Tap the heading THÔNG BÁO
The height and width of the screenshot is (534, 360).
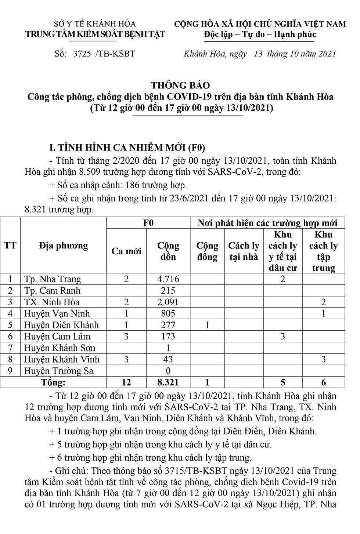(x=180, y=86)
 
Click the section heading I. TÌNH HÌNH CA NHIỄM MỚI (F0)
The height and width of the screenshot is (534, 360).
(x=127, y=148)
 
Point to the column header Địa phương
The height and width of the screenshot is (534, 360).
(x=63, y=245)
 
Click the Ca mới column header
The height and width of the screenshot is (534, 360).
(x=126, y=251)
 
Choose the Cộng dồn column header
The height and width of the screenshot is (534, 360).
(x=168, y=251)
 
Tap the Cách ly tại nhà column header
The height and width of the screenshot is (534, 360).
(x=244, y=251)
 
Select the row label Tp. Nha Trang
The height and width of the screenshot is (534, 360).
(x=53, y=279)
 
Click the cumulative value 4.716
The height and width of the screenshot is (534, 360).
(x=168, y=279)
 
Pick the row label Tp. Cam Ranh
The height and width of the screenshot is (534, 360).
(x=52, y=291)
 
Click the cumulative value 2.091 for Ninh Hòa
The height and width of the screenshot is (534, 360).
(x=168, y=302)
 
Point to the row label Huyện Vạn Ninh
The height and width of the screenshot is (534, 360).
(x=57, y=313)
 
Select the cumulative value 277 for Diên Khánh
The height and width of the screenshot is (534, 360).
(x=168, y=325)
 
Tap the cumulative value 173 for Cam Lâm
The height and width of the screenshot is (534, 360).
(x=168, y=336)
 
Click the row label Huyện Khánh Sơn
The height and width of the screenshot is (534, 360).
(x=60, y=348)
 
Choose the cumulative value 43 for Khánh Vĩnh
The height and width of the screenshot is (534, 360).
(x=168, y=359)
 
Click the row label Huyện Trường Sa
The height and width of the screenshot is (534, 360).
(x=59, y=371)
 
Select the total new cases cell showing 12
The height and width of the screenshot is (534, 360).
(x=126, y=382)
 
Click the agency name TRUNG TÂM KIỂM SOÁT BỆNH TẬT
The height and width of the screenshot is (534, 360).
(x=95, y=34)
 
